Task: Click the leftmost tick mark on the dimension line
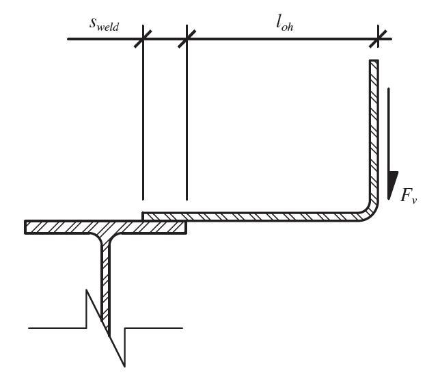point(143,38)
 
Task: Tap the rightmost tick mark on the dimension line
point(374,38)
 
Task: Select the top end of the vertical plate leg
point(374,62)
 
